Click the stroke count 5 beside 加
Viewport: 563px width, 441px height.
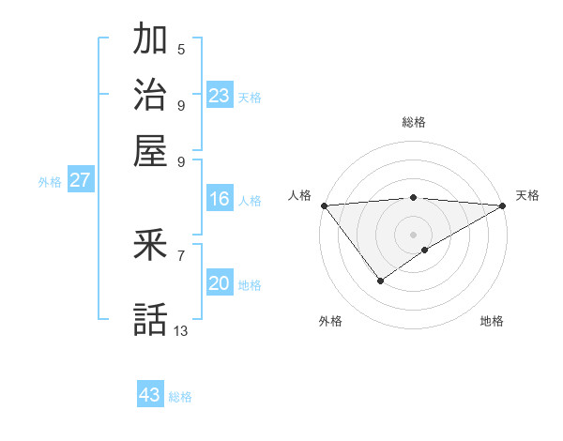coord(181,49)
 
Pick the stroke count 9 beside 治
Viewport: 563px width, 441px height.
coord(181,104)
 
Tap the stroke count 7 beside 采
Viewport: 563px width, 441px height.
coord(181,254)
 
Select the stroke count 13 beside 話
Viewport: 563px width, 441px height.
coord(181,330)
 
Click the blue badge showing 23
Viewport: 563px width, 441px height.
coord(220,95)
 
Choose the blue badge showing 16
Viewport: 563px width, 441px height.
coord(220,199)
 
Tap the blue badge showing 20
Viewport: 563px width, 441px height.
coord(220,284)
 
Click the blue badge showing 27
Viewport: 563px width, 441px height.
coord(80,180)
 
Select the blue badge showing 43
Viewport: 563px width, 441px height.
coord(150,395)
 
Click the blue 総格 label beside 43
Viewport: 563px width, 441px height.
coord(180,397)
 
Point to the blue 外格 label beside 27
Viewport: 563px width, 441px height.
coord(49,182)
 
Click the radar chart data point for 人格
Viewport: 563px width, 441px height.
coord(324,205)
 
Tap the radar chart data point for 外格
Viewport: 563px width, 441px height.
coord(380,280)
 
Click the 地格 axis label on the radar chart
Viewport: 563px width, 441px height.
coord(492,321)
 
